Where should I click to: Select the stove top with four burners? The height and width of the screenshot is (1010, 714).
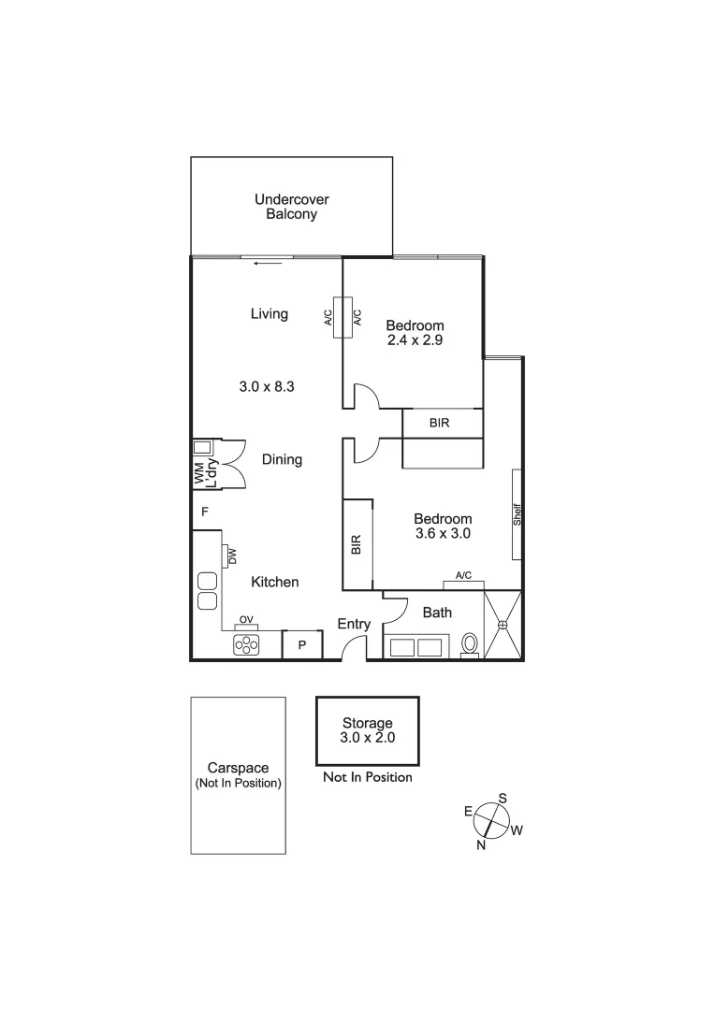point(246,644)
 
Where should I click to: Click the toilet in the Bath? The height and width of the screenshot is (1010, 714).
point(471,644)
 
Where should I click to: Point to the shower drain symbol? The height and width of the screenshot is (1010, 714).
point(503,625)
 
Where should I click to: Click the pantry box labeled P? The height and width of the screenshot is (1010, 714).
point(302,645)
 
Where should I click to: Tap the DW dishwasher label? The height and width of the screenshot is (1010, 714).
point(231,556)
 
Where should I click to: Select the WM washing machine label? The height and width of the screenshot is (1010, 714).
point(199,475)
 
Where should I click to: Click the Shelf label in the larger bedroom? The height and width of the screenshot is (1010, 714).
point(517,514)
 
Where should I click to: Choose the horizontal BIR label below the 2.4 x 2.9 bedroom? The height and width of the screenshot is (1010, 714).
point(440,423)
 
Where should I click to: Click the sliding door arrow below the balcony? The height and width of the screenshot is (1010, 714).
point(267,263)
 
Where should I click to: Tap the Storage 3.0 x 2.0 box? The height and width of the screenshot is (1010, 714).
point(367,730)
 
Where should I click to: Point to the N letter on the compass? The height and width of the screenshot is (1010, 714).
point(481,844)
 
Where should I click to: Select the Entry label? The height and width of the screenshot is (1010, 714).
point(355,624)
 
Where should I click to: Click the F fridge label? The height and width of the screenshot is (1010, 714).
point(204,512)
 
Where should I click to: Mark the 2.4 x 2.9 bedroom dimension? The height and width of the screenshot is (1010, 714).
point(415,340)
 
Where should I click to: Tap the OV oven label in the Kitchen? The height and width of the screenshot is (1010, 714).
point(247,619)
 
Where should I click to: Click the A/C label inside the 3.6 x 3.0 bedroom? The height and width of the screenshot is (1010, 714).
point(463,575)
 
